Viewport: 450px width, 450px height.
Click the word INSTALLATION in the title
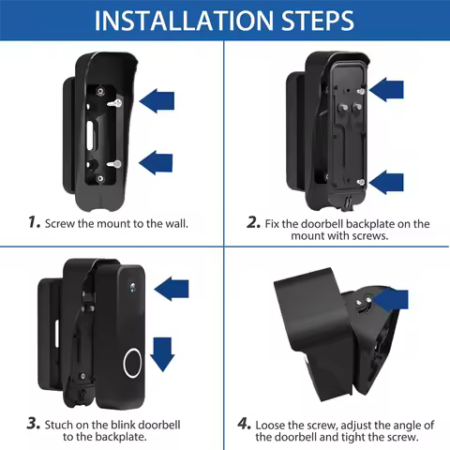(176, 20)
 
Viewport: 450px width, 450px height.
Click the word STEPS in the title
(308, 20)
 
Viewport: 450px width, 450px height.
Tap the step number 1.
(34, 223)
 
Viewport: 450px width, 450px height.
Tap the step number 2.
(252, 223)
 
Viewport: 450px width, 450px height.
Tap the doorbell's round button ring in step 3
(130, 363)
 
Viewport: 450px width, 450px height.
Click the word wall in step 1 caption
(172, 223)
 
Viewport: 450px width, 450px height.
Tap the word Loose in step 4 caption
(274, 424)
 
